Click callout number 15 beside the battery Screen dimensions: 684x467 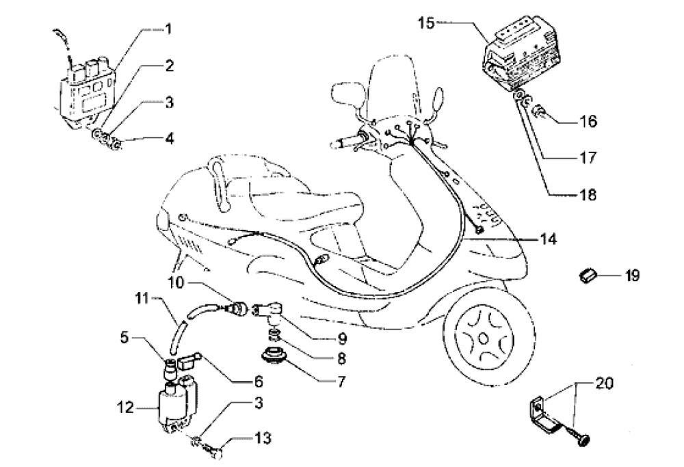[426, 23]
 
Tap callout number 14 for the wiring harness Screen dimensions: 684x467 [548, 239]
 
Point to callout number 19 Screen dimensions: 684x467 [632, 276]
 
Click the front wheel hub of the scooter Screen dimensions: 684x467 [484, 338]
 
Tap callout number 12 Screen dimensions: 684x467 [124, 408]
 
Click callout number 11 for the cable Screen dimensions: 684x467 [142, 299]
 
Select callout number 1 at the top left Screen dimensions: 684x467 [168, 29]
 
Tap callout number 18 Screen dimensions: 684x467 [588, 194]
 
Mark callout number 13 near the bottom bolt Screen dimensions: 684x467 [263, 438]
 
